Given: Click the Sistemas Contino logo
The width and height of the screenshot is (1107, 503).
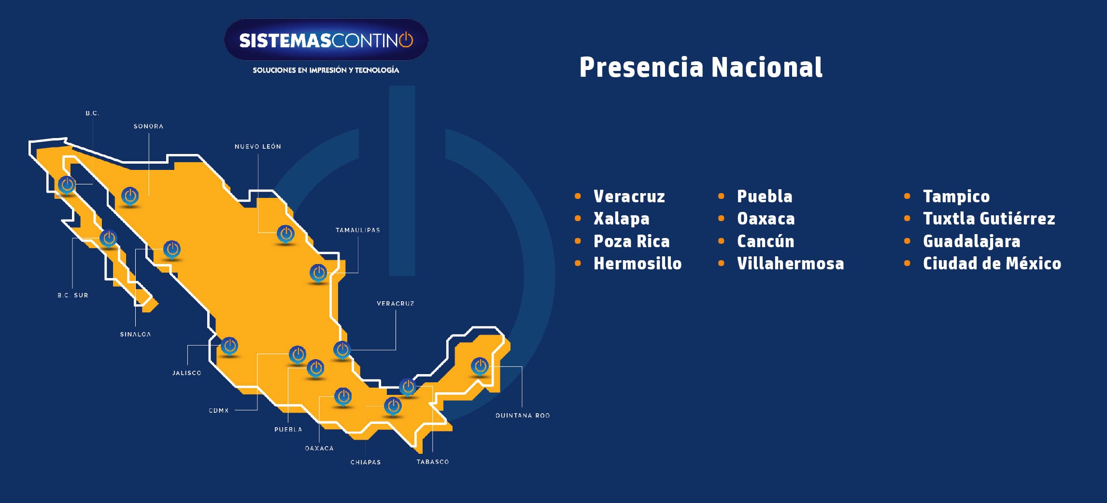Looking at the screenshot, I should [x=326, y=40].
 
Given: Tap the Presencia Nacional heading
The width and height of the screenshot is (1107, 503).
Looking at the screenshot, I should [x=700, y=67].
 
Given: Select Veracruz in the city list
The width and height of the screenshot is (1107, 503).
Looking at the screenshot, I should [x=629, y=196].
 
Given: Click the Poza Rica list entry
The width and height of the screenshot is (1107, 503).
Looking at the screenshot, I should [x=631, y=241].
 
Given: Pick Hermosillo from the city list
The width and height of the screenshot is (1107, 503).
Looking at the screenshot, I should [x=637, y=264].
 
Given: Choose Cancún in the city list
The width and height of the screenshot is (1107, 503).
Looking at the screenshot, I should [x=765, y=241].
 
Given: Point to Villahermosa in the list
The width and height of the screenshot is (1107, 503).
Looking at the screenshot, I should [x=790, y=264].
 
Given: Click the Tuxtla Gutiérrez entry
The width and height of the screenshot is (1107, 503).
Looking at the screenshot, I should [x=989, y=219].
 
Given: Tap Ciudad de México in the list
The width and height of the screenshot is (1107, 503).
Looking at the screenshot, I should [x=992, y=264].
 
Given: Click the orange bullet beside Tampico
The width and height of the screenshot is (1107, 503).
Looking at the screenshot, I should [x=907, y=196].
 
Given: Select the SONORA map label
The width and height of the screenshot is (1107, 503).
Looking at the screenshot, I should [x=148, y=126].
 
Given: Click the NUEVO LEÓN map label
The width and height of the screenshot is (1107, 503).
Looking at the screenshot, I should [x=257, y=147].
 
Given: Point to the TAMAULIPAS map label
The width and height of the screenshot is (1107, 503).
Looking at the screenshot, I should [x=357, y=230].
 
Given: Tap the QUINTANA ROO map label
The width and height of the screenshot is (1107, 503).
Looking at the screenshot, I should [x=522, y=416].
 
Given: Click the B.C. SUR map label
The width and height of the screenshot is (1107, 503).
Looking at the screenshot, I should [x=73, y=295].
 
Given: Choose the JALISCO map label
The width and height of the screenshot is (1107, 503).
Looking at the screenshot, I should [x=186, y=373].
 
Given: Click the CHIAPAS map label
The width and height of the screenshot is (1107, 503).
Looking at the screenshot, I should [x=365, y=462].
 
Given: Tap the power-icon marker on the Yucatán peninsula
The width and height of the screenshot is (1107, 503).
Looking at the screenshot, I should [x=480, y=366].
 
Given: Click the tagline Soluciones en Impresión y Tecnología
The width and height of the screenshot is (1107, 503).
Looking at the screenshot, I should [x=326, y=70].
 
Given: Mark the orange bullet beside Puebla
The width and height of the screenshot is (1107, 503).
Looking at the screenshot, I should [x=721, y=196].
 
